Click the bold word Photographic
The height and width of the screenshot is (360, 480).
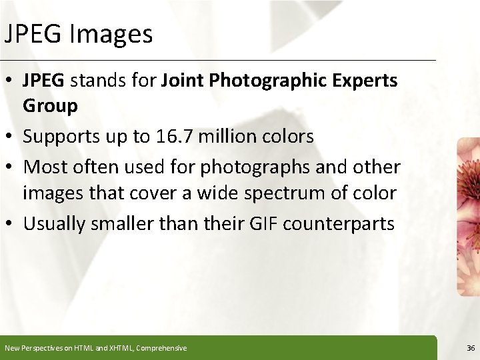pos(261,81)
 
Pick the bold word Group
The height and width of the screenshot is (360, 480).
pos(50,105)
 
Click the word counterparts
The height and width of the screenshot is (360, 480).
pos(339,224)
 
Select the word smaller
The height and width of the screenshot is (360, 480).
pos(125,223)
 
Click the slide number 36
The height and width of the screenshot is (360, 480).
pos(471,348)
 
